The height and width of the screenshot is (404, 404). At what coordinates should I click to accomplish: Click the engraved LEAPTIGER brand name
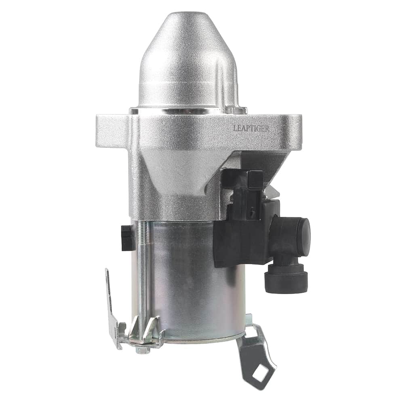point(251,128)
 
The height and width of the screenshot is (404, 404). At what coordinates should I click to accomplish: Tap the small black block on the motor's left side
point(126,238)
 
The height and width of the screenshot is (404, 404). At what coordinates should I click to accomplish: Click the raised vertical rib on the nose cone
point(220,81)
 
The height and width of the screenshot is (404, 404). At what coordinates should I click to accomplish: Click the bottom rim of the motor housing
point(202,339)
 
